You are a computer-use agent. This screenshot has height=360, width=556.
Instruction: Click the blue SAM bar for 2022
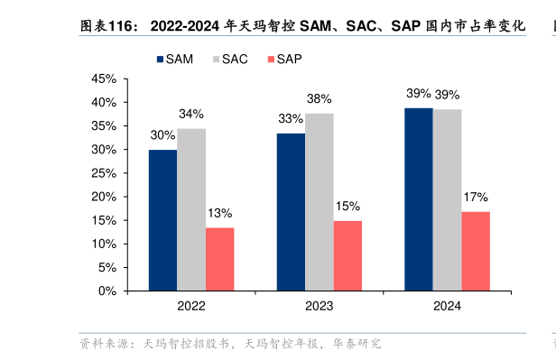[162, 220]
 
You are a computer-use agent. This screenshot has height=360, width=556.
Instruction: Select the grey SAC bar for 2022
[191, 209]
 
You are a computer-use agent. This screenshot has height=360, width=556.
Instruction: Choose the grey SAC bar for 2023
[319, 202]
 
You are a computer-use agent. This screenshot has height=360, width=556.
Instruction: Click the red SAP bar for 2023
[347, 255]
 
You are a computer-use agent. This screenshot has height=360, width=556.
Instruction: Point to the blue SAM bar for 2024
[418, 199]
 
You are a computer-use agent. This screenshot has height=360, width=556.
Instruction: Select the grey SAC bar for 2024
[447, 200]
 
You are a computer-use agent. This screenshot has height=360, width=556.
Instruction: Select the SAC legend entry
[229, 60]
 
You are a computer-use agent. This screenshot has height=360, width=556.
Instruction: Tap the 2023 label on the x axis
[319, 307]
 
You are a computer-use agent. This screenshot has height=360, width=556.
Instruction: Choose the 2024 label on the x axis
[447, 307]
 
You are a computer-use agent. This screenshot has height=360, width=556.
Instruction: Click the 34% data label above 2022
[191, 115]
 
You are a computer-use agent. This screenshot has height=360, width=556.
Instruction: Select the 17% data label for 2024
[476, 197]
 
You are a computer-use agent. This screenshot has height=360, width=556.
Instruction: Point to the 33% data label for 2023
[291, 119]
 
